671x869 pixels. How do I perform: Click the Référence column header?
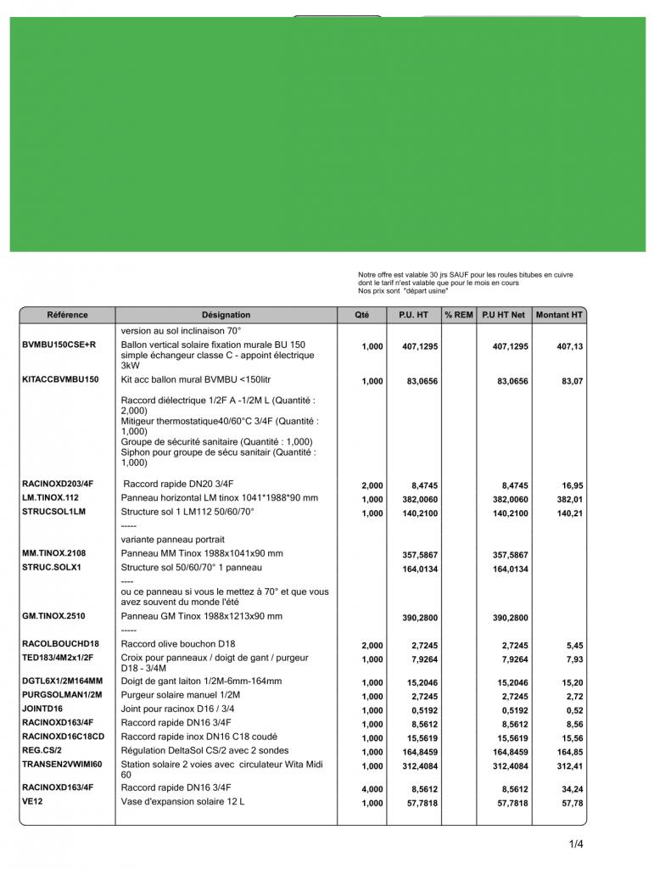pos(67,315)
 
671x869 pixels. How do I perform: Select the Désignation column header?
pos(226,315)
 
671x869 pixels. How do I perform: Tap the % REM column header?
pos(459,315)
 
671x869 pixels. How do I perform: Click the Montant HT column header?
pos(559,315)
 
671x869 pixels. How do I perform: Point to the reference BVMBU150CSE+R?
pos(59,345)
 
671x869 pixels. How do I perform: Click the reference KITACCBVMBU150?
pos(60,380)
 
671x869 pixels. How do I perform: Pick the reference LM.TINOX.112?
pos(50,497)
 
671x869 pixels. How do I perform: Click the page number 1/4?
pos(576,844)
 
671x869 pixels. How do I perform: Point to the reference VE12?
pos(32,800)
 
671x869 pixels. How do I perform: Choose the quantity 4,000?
pos(372,789)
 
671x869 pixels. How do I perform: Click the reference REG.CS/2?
pos(42,751)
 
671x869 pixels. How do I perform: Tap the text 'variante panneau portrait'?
pos(172,539)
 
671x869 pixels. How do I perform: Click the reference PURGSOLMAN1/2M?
pos(62,694)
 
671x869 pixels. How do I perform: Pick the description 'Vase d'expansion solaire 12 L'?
pos(182,801)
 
